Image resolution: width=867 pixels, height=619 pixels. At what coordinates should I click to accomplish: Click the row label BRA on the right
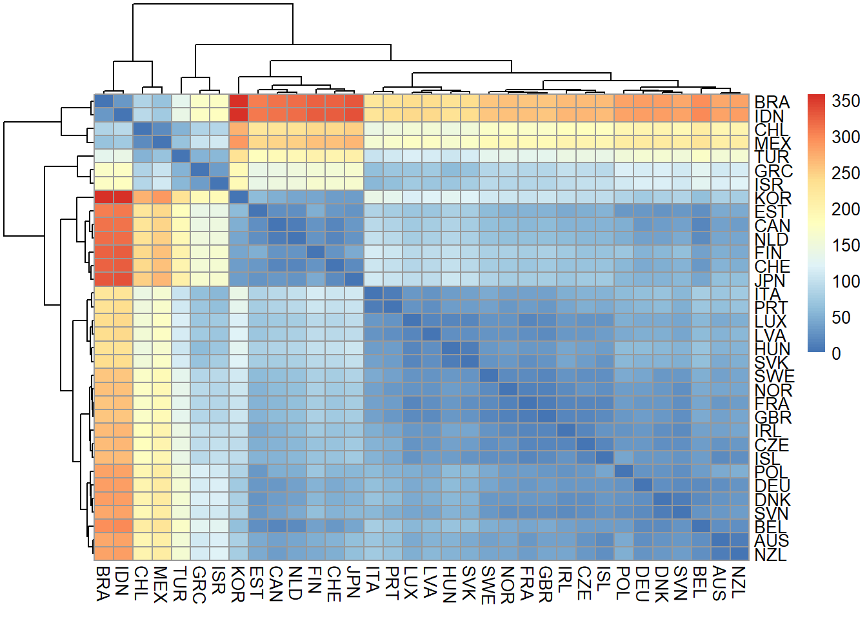coord(772,102)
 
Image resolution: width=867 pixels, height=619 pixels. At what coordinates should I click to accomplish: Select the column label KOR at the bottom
coord(238,584)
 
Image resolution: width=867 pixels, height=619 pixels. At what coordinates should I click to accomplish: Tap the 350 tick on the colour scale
coord(845,101)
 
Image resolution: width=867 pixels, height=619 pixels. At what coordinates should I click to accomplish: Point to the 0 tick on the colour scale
coord(837,353)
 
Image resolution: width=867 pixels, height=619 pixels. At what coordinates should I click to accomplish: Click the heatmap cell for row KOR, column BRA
coord(104,197)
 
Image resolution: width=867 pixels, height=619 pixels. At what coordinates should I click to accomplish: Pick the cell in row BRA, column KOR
coord(239,101)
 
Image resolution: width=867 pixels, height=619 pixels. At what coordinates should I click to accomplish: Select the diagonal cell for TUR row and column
coord(181,156)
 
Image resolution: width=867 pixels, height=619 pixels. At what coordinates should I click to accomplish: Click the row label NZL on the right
coord(770,554)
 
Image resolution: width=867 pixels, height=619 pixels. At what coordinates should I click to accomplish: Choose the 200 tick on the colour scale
coord(845,209)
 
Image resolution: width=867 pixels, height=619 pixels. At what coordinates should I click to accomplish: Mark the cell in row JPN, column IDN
coord(123,279)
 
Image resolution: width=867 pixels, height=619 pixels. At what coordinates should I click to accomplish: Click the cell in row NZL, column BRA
coord(104,553)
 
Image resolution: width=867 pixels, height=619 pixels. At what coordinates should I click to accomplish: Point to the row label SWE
coord(774,376)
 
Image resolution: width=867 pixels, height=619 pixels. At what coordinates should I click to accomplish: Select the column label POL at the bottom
coord(623,583)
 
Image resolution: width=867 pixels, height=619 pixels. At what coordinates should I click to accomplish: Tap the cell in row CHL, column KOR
coord(239,129)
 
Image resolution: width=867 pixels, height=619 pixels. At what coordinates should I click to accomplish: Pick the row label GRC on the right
coord(773,171)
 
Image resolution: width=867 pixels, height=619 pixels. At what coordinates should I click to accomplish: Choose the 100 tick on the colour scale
coord(845,281)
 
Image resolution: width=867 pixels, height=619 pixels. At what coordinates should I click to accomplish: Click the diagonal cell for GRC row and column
coord(200,170)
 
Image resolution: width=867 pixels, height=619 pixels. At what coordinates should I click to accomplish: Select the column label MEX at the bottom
coord(161,584)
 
